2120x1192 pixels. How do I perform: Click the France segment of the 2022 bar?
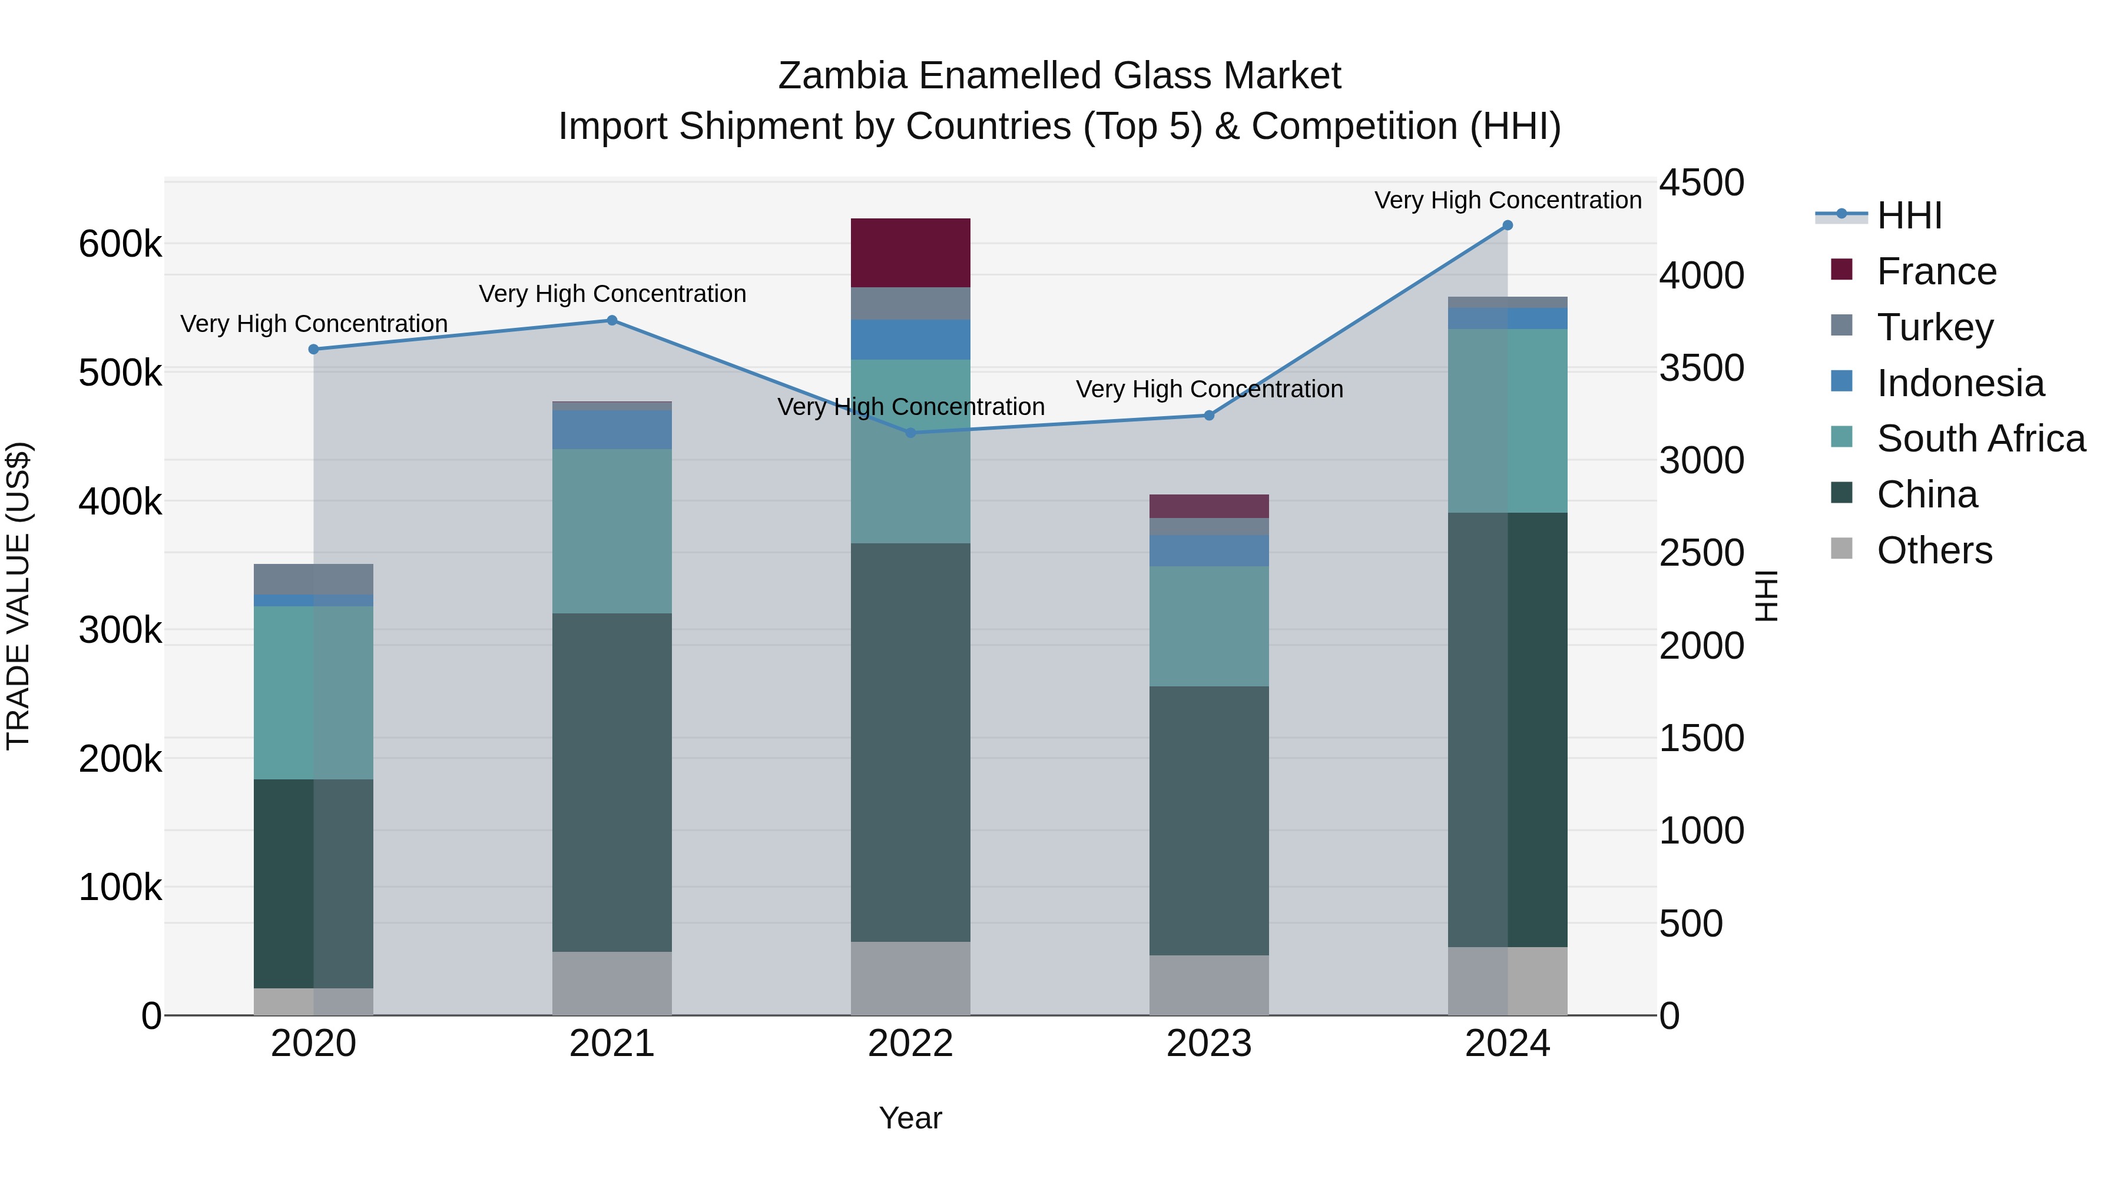pos(910,253)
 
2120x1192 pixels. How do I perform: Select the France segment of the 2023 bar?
pos(1208,506)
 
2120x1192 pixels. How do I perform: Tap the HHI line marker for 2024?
pos(1507,225)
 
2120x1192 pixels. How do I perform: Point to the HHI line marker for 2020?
pos(313,350)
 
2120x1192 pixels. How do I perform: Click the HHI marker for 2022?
pos(910,433)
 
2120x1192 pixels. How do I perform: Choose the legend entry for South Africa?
pos(1980,439)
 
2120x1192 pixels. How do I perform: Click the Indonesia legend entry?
pos(1959,383)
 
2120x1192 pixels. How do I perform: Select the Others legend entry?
pos(1934,550)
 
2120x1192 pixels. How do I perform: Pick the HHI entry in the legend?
pos(1909,215)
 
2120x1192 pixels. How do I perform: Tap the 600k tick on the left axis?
pos(120,244)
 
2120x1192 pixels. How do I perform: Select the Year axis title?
pos(910,1118)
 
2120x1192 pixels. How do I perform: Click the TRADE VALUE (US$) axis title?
pos(18,596)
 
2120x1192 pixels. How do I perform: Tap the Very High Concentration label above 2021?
pos(612,294)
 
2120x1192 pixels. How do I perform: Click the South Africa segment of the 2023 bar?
pos(1208,626)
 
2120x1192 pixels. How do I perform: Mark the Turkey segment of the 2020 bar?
pos(313,579)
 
